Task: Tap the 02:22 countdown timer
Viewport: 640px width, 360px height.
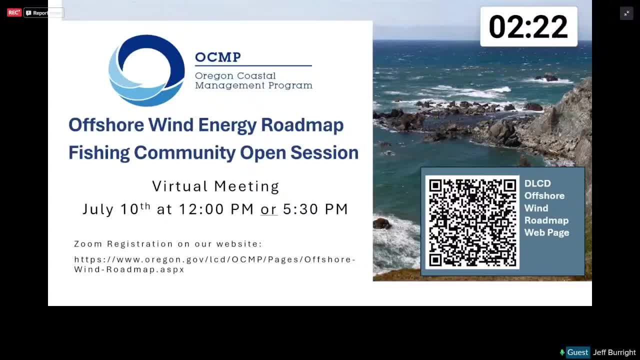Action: tap(528, 26)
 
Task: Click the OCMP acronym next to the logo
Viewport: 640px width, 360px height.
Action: tap(218, 57)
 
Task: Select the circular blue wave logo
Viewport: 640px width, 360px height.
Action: tap(146, 70)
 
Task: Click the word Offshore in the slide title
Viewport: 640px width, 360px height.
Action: tap(106, 125)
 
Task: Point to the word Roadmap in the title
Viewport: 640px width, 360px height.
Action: tap(302, 125)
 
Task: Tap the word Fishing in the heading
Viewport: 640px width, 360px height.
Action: tap(99, 153)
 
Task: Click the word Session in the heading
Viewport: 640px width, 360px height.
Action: tap(324, 152)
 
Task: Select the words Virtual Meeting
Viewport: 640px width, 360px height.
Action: tap(215, 186)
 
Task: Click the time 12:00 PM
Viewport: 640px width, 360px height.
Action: tap(216, 209)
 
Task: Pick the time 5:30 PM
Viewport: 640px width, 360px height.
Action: tap(315, 209)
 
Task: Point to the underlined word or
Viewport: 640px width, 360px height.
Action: tap(268, 209)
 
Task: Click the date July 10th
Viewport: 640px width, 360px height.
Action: tap(116, 209)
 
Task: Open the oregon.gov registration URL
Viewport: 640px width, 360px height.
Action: tap(215, 264)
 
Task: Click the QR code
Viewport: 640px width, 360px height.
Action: tap(472, 222)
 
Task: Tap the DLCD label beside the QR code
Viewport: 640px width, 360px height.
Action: tap(537, 183)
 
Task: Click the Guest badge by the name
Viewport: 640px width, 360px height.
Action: tap(577, 352)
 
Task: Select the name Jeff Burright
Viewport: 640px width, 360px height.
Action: tap(614, 352)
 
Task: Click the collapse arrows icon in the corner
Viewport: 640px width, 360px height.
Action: tap(626, 13)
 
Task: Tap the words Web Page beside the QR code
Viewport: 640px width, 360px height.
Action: tap(546, 233)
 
